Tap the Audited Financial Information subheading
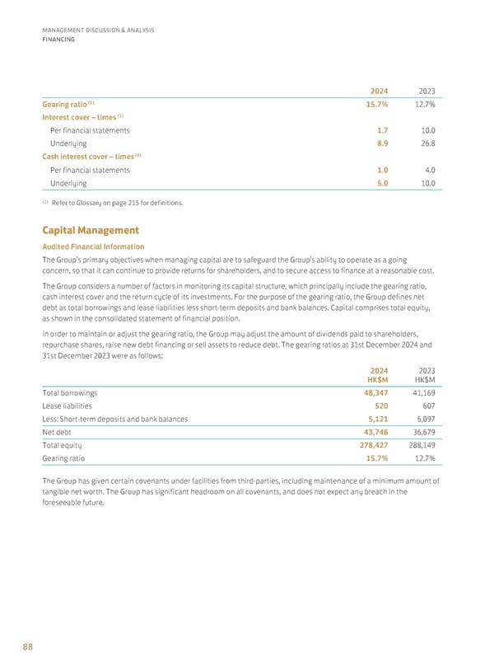point(93,246)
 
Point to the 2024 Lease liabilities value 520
point(380,406)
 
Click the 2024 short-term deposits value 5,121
point(375,419)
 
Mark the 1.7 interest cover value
point(383,130)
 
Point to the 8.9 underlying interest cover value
point(383,143)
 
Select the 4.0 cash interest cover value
point(428,171)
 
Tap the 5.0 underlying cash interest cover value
point(383,183)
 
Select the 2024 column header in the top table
point(379,90)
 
